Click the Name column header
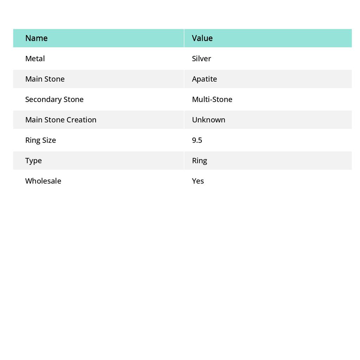coord(36,38)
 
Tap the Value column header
coord(202,38)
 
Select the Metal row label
coord(35,58)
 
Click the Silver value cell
coord(201,58)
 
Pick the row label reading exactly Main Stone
coord(45,79)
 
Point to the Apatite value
coord(204,79)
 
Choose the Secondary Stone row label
coord(54,99)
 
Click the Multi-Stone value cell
coord(212,99)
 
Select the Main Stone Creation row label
coord(60,120)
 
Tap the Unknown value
coord(208,120)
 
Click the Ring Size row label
coord(40,140)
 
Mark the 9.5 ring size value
coord(197,140)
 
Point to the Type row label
coord(33,160)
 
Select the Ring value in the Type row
coord(199,160)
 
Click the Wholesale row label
coord(43,181)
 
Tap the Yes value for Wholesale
coord(198,181)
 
